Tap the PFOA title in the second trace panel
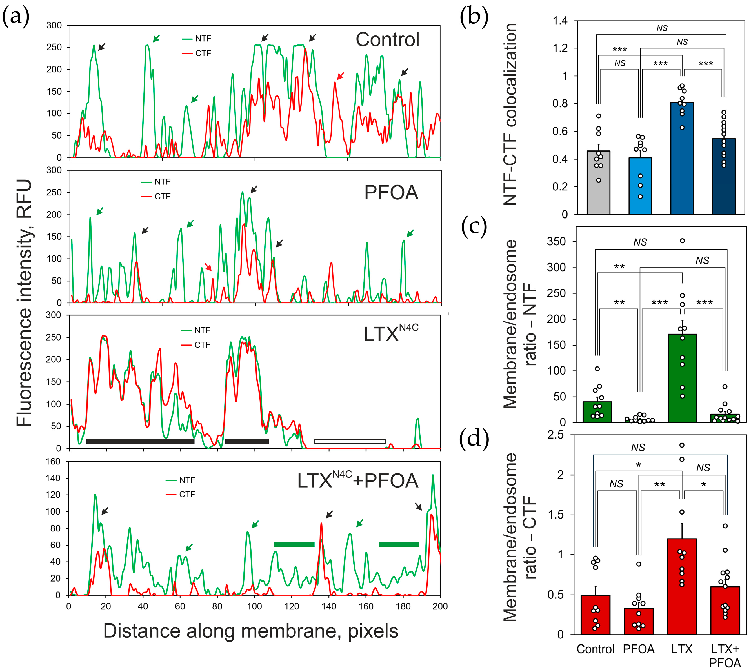391,192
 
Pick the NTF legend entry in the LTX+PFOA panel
181,480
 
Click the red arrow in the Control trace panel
340,76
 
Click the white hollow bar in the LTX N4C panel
350,441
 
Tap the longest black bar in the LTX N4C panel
140,441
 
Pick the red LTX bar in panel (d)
682,587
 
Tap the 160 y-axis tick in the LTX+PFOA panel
53,462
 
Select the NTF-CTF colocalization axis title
510,114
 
